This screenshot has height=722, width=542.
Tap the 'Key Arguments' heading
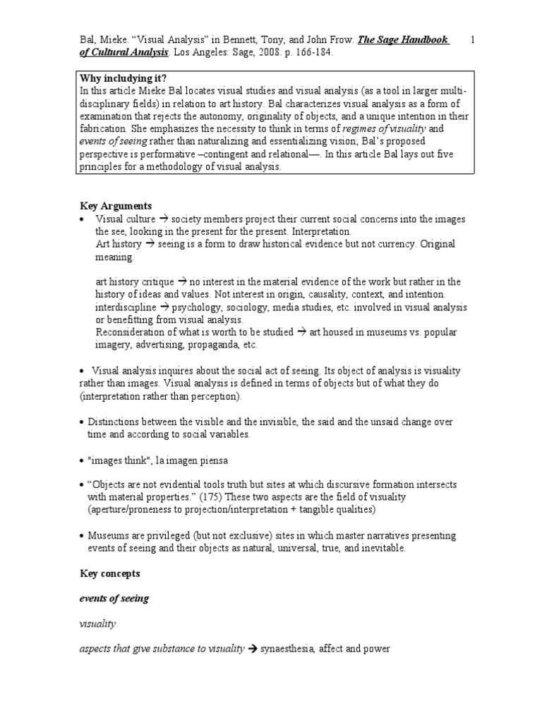point(115,206)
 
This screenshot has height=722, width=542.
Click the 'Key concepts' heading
point(111,574)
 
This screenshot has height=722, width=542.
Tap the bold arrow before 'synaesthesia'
point(252,648)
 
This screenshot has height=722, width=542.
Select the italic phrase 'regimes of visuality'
point(382,129)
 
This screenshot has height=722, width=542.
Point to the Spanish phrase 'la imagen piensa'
point(191,460)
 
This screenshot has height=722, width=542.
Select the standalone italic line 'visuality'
point(97,624)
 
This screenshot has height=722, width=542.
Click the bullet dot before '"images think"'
point(81,460)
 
